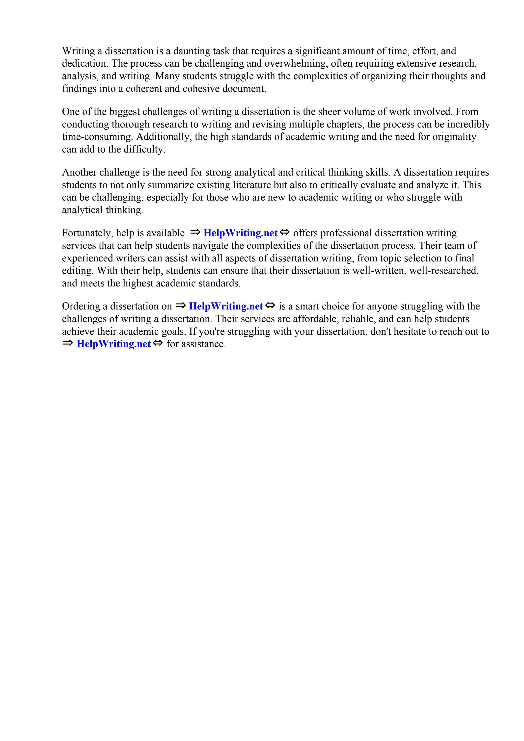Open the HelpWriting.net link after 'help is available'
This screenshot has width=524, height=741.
[x=240, y=233]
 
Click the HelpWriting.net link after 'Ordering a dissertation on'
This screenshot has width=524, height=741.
[x=226, y=306]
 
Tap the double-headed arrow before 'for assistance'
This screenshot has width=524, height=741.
[x=158, y=343]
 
